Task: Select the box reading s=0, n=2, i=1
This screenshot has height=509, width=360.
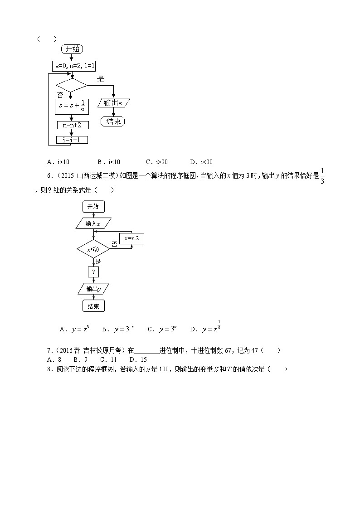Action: pyautogui.click(x=73, y=66)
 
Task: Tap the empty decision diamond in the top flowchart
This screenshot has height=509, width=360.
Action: pyautogui.click(x=71, y=85)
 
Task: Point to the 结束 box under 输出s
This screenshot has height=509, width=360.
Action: pyautogui.click(x=112, y=121)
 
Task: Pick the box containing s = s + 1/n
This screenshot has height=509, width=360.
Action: pyautogui.click(x=72, y=107)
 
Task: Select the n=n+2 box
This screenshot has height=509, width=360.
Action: pyautogui.click(x=72, y=125)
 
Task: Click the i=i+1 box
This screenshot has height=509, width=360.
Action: pyautogui.click(x=72, y=140)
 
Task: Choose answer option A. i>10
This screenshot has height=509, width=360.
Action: pyautogui.click(x=58, y=162)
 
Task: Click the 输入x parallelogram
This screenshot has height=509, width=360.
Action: pyautogui.click(x=93, y=223)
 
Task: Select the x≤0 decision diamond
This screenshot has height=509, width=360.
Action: pyautogui.click(x=93, y=249)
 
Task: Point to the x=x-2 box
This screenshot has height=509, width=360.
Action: pyautogui.click(x=131, y=238)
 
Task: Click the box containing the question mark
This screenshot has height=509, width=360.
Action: pyautogui.click(x=93, y=271)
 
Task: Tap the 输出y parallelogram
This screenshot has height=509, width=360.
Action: pyautogui.click(x=93, y=289)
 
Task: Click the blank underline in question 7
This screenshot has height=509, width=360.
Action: pyautogui.click(x=147, y=350)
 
